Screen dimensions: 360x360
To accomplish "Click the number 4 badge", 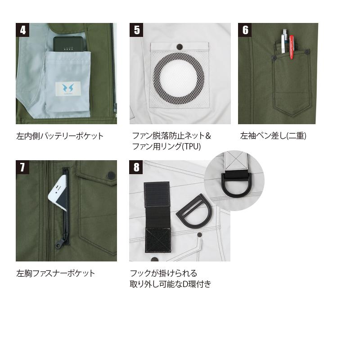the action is [x=22, y=30].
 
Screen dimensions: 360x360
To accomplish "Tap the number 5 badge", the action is [x=136, y=30].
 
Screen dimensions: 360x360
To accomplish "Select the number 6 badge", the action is [x=245, y=30].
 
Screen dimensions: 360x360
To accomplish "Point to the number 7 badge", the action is [x=22, y=167].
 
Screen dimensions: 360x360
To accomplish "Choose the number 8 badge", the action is [x=136, y=167].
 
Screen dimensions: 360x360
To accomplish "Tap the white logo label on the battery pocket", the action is [x=68, y=88].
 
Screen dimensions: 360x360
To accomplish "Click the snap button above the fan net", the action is [x=180, y=47].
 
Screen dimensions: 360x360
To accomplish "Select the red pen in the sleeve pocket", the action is [x=291, y=47].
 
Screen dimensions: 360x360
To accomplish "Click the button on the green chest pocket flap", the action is [x=111, y=175].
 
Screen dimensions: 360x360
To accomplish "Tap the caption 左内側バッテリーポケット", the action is [x=60, y=136].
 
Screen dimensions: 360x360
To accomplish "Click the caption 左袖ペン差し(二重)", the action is [x=273, y=136].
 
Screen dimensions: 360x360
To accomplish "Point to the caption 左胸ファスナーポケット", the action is [x=55, y=273].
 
